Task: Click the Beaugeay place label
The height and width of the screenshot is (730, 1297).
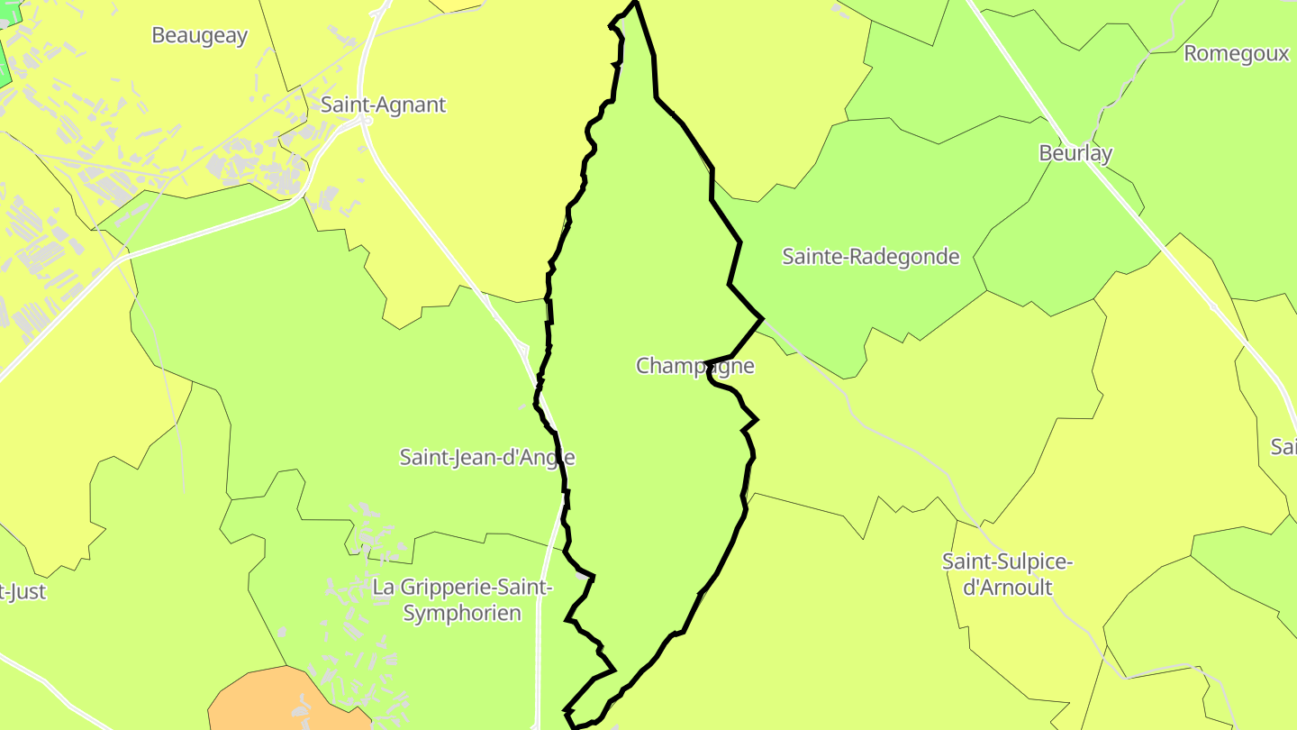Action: point(199,35)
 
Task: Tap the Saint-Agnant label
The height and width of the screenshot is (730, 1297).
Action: point(383,105)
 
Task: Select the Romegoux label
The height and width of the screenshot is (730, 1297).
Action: point(1236,53)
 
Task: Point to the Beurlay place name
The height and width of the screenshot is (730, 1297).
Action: point(1075,153)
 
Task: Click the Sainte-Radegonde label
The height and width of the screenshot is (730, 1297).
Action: point(870,257)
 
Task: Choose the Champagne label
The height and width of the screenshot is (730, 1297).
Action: point(694,366)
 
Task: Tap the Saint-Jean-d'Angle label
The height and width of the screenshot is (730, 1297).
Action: point(486,457)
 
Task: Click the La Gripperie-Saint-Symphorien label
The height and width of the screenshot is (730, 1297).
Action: point(462,600)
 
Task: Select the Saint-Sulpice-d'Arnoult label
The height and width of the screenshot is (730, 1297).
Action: point(1007,574)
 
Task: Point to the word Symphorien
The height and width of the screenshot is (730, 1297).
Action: point(462,614)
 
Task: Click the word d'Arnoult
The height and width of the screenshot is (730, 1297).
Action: point(1007,588)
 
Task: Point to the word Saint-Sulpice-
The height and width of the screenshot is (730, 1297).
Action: point(1007,561)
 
